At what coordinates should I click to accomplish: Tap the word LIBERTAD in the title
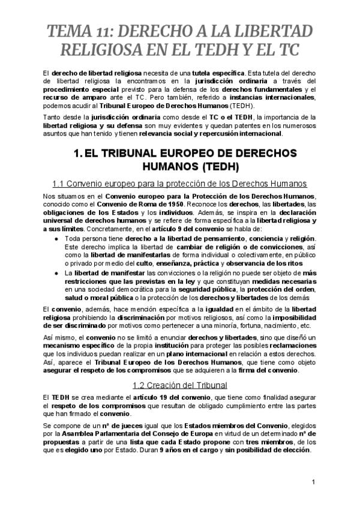[x=274, y=31]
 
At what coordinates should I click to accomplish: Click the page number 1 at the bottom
[x=314, y=481]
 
